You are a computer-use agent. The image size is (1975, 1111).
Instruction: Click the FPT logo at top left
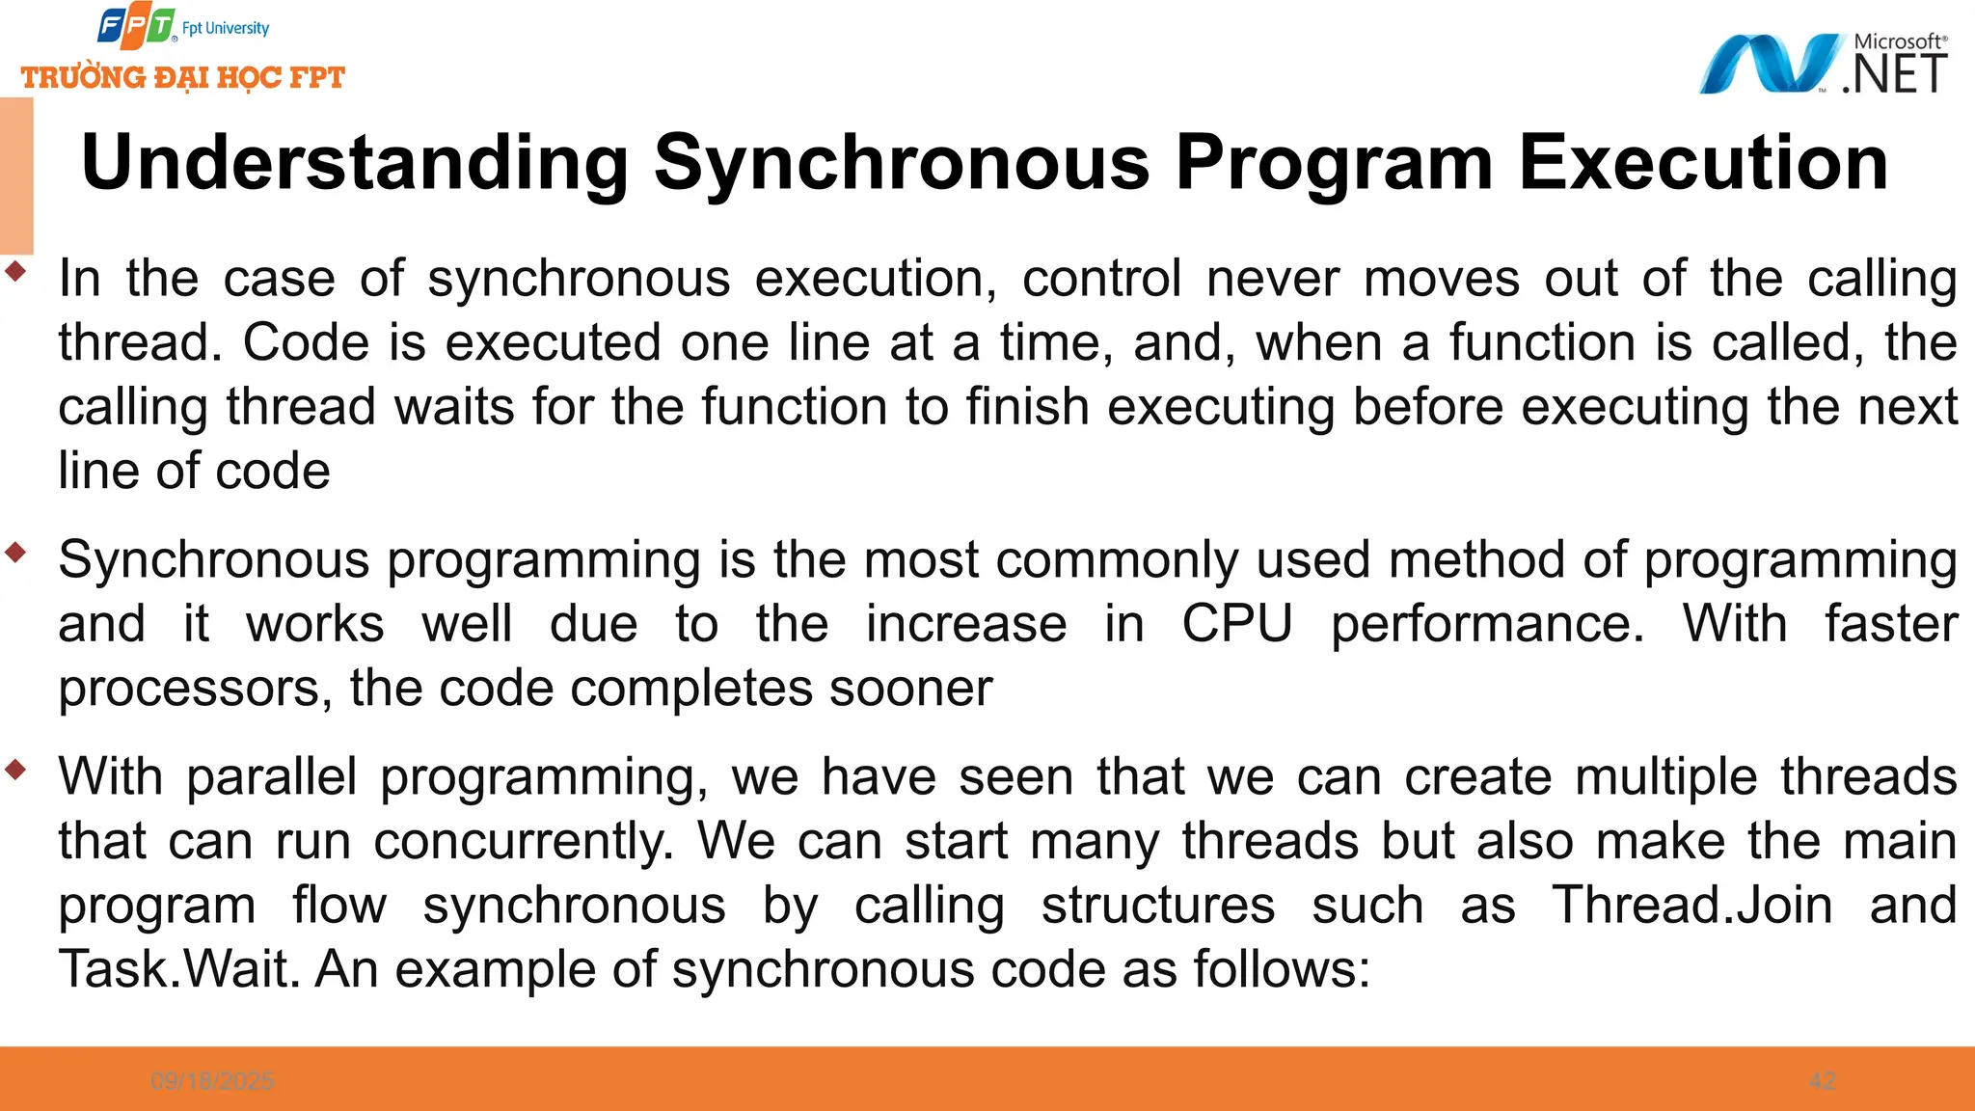[137, 27]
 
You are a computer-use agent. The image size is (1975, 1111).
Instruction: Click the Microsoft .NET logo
[1823, 64]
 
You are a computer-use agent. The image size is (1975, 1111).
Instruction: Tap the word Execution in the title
[1703, 162]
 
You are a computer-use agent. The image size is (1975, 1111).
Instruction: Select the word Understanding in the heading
[355, 162]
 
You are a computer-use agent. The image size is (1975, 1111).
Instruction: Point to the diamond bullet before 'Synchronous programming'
[15, 553]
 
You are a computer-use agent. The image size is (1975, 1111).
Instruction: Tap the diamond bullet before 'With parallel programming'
[15, 770]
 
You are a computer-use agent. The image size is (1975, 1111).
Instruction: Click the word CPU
[1236, 623]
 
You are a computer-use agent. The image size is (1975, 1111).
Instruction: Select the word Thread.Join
[1691, 905]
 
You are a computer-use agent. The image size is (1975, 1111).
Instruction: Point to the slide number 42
[1822, 1081]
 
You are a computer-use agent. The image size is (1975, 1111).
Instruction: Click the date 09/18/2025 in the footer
[212, 1081]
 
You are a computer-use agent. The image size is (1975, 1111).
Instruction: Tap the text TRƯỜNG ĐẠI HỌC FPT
[183, 77]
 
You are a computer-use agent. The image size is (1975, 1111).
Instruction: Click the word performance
[1487, 623]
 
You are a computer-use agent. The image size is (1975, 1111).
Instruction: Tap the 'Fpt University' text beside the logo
[226, 28]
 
